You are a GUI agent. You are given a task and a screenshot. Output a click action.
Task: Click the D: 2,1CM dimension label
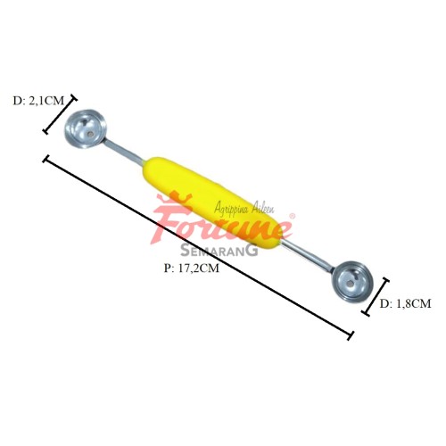tap(38, 101)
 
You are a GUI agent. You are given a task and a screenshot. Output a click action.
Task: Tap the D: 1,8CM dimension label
tap(405, 303)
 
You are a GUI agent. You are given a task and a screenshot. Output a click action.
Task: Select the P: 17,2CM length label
tap(192, 268)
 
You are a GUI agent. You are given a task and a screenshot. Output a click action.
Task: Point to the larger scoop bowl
tap(86, 129)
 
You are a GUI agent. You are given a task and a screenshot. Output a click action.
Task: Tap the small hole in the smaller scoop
tap(351, 284)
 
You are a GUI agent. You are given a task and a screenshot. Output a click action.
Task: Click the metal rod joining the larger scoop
tap(125, 153)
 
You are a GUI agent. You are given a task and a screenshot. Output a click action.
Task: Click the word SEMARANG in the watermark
tap(219, 251)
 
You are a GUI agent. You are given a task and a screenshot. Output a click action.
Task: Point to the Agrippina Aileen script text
tap(244, 207)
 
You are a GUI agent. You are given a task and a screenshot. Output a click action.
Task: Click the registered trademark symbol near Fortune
tap(293, 216)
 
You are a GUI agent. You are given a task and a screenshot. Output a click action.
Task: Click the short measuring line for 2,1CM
tap(60, 114)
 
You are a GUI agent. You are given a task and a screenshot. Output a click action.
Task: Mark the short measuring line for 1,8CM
tap(376, 296)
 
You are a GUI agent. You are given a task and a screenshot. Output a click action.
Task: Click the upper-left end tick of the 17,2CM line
tap(46, 159)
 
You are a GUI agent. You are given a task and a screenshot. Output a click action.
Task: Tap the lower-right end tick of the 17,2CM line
tap(351, 335)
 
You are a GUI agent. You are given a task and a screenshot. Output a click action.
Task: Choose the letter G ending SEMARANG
tap(252, 251)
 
